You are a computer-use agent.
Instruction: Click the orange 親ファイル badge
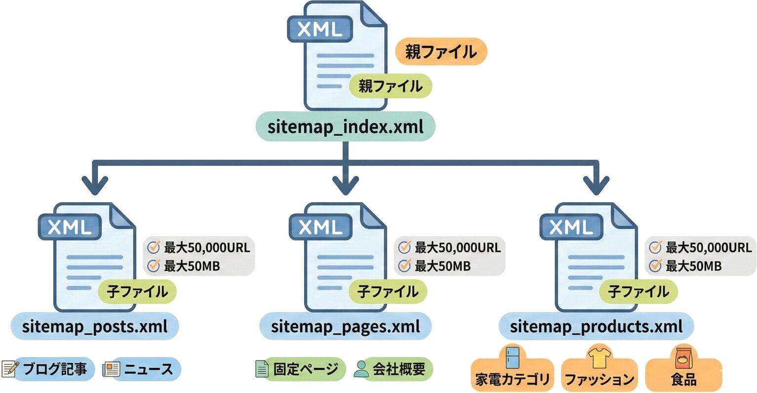(440, 51)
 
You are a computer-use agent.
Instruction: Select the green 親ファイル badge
(390, 86)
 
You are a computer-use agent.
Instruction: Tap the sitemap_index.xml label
(345, 127)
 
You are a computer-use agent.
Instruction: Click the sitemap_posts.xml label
(95, 326)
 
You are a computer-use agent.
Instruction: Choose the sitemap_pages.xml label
(345, 326)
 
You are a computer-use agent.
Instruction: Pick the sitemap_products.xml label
(596, 326)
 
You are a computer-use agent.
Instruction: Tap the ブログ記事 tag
(54, 369)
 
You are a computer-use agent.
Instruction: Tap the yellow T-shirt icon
(599, 357)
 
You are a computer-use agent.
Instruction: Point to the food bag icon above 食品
(683, 357)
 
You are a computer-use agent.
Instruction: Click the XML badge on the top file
(320, 29)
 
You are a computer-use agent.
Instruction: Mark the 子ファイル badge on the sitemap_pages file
(388, 291)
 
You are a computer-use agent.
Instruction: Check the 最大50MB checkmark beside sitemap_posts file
(154, 265)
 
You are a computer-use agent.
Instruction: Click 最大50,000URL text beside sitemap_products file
(708, 247)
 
